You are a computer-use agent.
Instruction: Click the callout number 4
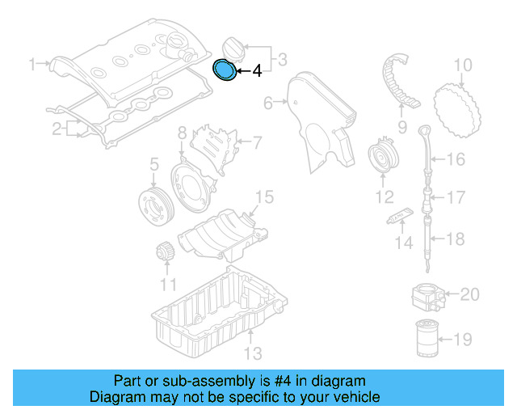257,72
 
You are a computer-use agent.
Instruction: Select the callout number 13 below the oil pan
253,353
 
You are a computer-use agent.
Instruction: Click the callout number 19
463,340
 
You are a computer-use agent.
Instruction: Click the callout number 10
462,65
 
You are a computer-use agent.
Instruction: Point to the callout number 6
268,103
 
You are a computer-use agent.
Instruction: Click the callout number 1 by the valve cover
33,63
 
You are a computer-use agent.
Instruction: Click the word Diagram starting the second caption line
116,397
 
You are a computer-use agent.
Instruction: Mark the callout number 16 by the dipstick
456,159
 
